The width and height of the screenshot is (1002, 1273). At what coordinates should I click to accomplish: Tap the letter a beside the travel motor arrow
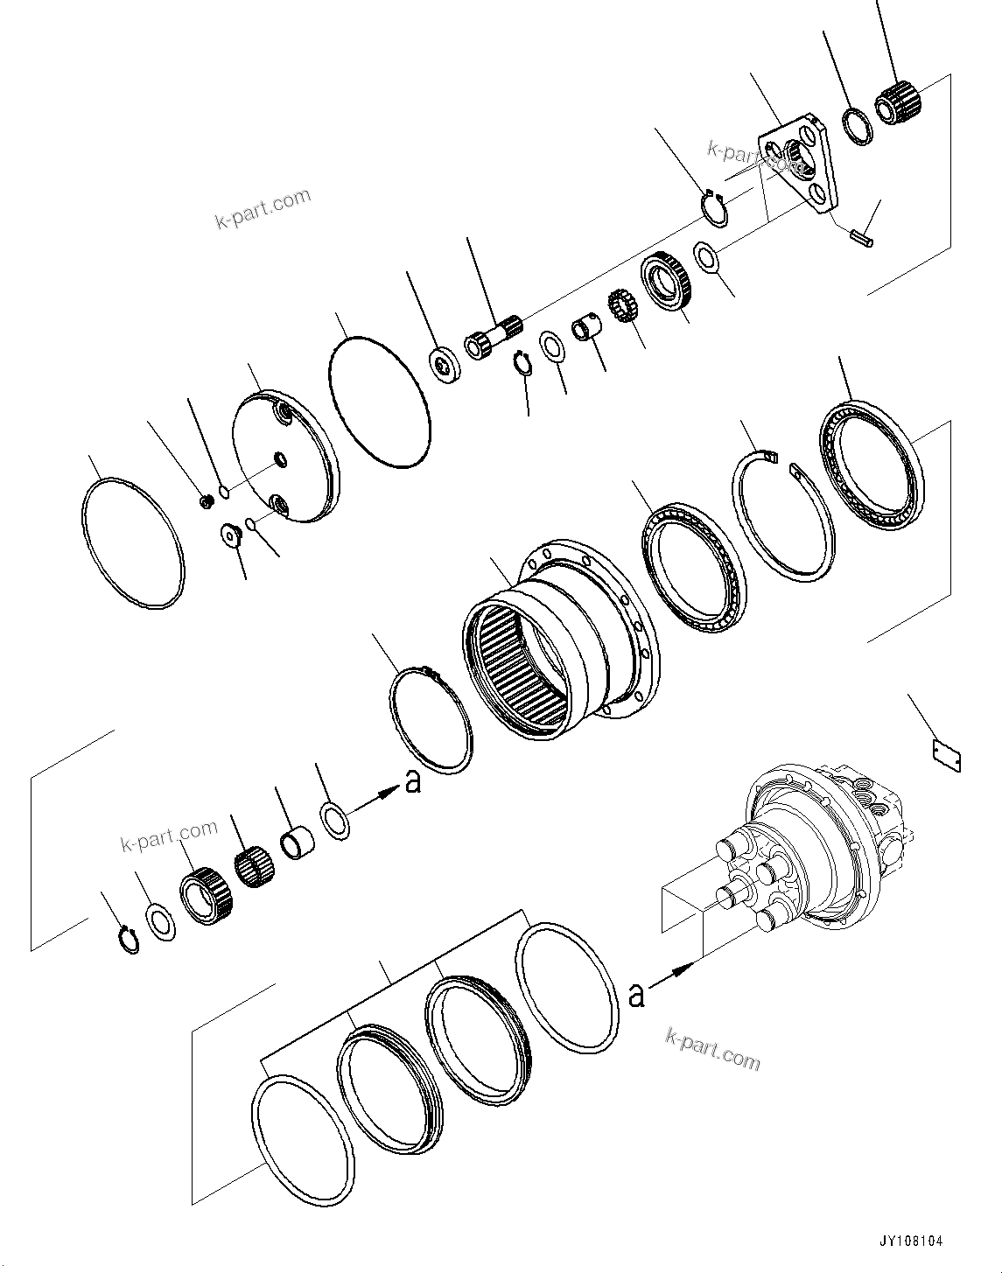(x=637, y=995)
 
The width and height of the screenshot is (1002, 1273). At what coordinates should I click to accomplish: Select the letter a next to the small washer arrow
(x=412, y=781)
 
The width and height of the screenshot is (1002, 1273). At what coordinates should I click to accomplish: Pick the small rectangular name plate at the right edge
(x=946, y=758)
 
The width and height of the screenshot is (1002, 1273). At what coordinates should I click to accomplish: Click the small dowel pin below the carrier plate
(x=861, y=235)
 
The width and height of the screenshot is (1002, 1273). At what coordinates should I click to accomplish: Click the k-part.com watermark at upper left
(x=262, y=207)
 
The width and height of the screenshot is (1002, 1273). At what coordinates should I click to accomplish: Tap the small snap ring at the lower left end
(x=129, y=940)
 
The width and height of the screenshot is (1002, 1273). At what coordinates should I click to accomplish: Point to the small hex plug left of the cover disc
(x=207, y=501)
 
